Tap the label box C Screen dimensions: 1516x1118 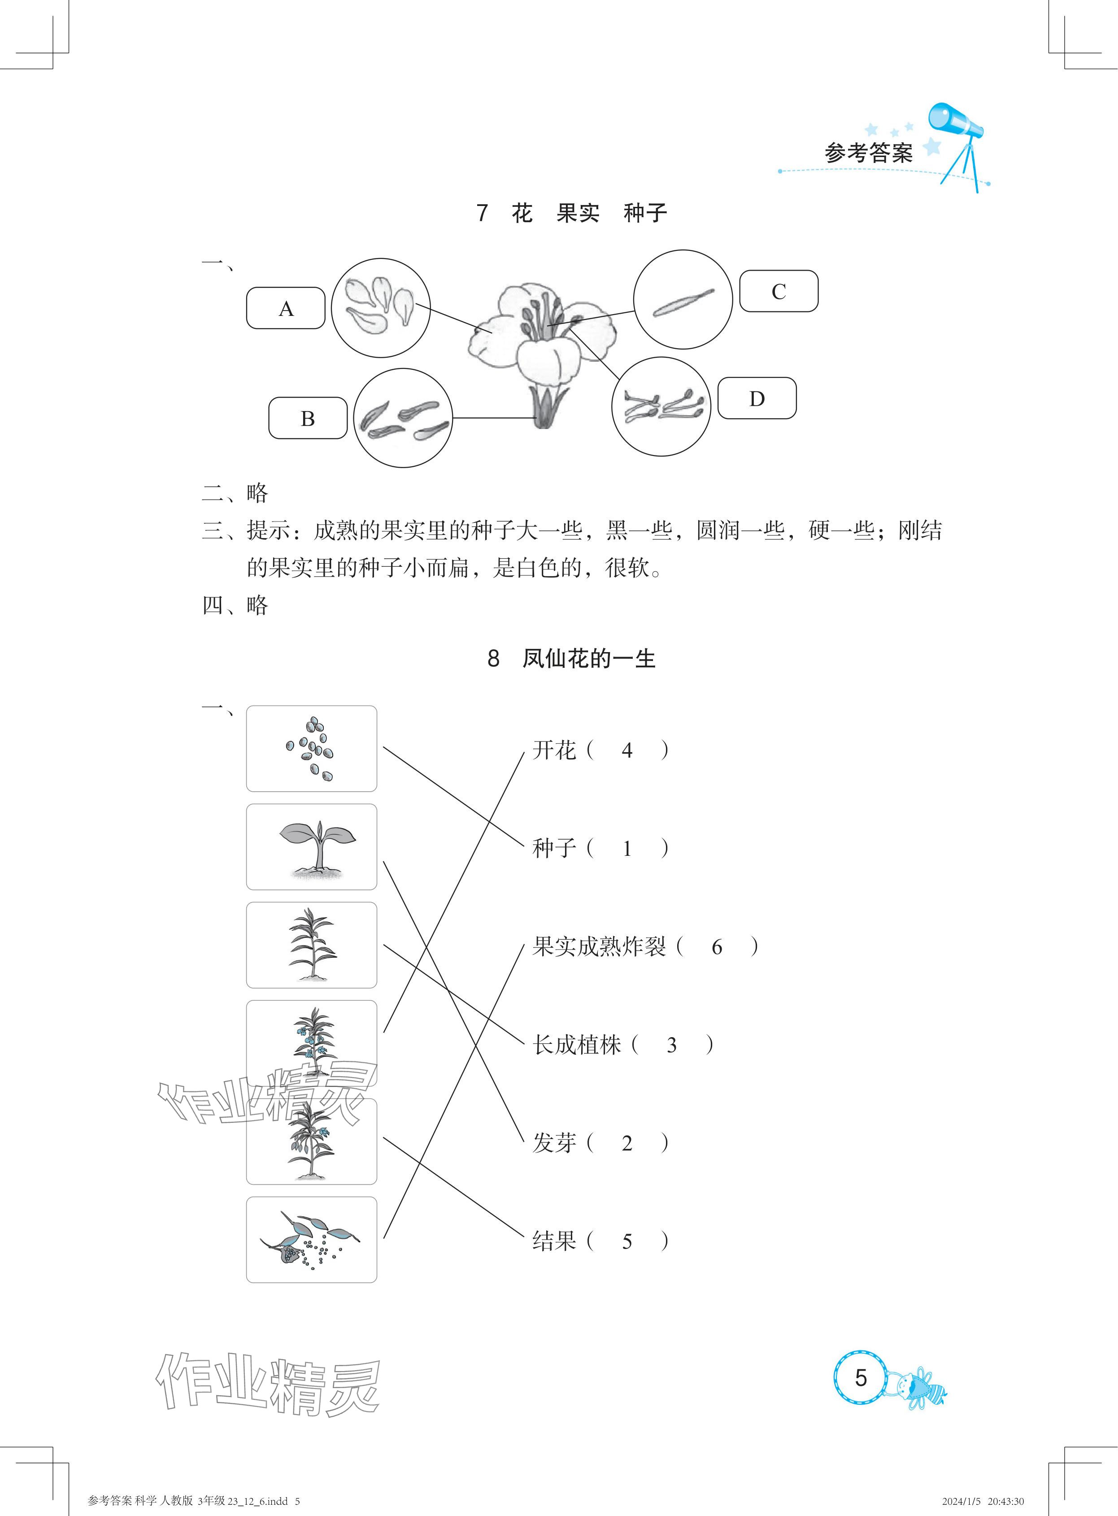coord(778,291)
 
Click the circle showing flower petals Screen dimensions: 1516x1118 coord(380,307)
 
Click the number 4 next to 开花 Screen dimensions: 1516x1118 coord(626,751)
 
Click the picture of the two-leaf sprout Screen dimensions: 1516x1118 coord(311,847)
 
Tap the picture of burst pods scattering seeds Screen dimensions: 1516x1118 coord(311,1240)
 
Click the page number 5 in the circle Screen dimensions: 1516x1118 coord(860,1378)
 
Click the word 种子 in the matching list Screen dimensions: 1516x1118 coord(553,848)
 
